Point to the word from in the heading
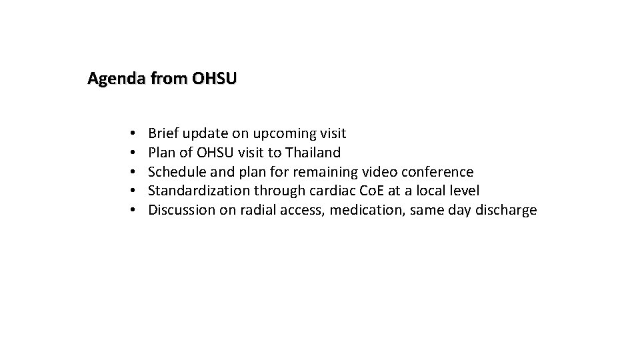coord(169,79)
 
